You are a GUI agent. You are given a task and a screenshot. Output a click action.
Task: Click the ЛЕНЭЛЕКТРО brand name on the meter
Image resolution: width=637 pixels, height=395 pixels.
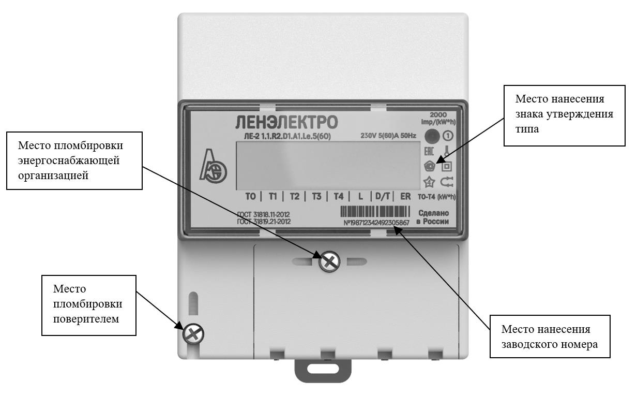coord(287,123)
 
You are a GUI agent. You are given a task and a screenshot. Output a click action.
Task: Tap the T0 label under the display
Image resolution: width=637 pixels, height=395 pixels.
coord(250,197)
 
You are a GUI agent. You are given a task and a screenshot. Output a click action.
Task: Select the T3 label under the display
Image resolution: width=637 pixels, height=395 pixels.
coord(316,197)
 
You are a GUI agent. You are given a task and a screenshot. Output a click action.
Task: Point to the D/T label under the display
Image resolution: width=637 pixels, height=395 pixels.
coord(382,197)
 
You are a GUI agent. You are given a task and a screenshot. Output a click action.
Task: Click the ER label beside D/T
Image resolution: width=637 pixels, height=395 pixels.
coord(405,197)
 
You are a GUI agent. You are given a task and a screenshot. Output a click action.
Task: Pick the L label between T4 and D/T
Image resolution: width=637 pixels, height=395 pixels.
coord(360,197)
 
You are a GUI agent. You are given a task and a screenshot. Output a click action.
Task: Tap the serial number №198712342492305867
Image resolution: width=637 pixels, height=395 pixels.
coord(376,223)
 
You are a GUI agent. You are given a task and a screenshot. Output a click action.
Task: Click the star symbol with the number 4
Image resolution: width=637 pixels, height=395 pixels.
coord(429,182)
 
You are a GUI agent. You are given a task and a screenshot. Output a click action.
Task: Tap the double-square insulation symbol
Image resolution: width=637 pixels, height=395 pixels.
coord(446,167)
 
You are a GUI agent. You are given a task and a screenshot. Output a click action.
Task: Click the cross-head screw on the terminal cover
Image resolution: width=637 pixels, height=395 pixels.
coord(329,262)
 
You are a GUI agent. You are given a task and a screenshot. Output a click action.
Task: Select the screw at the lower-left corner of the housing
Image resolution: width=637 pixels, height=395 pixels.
coord(193,334)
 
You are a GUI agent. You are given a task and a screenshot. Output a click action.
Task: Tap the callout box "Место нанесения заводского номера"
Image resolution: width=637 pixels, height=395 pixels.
coord(550,337)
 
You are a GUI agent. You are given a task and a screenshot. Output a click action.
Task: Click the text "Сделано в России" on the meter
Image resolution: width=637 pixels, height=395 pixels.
coord(433,217)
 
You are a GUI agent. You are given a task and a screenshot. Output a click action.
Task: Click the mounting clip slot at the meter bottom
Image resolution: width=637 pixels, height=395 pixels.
coord(323,370)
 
